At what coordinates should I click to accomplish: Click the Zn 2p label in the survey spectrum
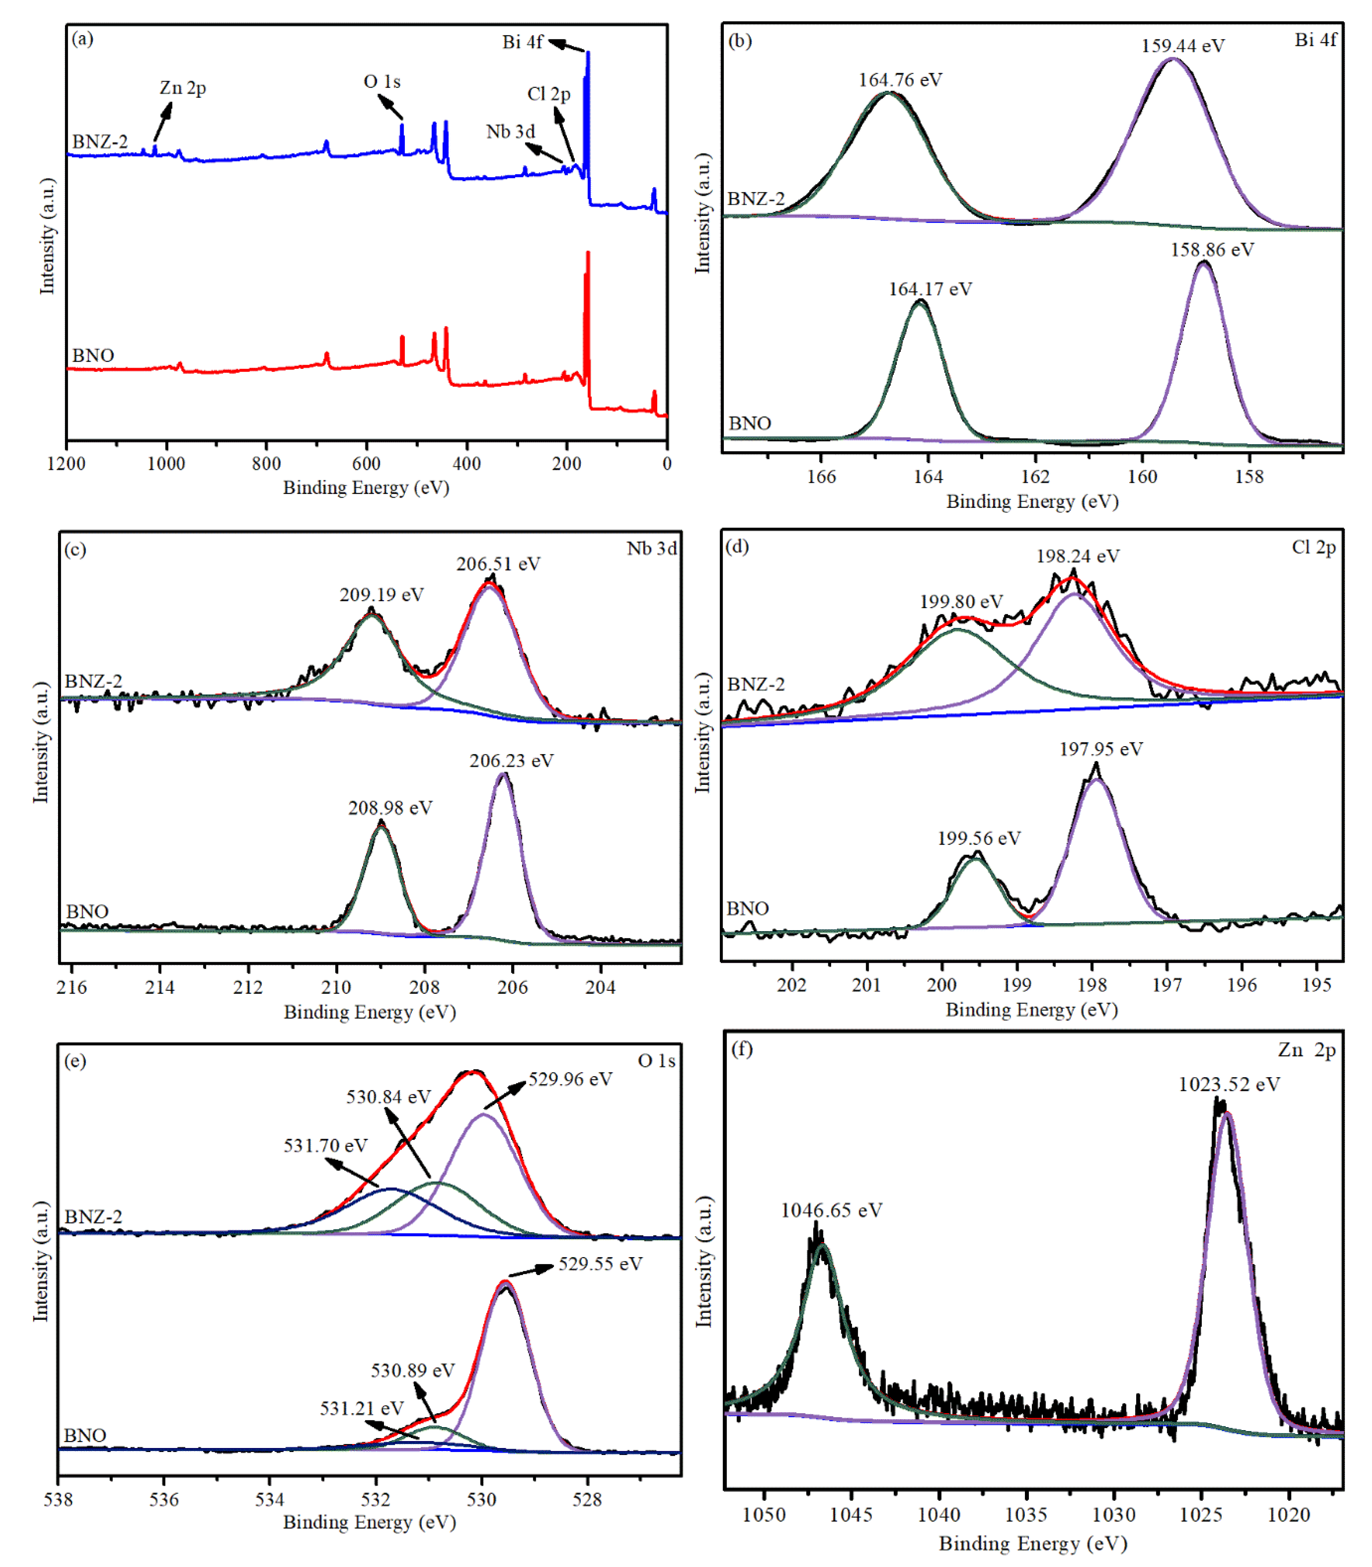click(x=182, y=88)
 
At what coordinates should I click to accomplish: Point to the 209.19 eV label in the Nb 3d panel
click(x=381, y=595)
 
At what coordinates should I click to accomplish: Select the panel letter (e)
click(x=75, y=1061)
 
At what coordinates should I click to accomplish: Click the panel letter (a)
click(x=82, y=38)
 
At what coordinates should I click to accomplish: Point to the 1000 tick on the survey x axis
click(x=166, y=464)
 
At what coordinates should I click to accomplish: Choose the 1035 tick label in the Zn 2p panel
click(x=1026, y=1514)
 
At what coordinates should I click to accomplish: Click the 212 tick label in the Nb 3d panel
click(x=247, y=987)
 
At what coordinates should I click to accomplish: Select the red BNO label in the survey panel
click(x=93, y=356)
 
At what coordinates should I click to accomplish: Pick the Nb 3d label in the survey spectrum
click(x=510, y=132)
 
